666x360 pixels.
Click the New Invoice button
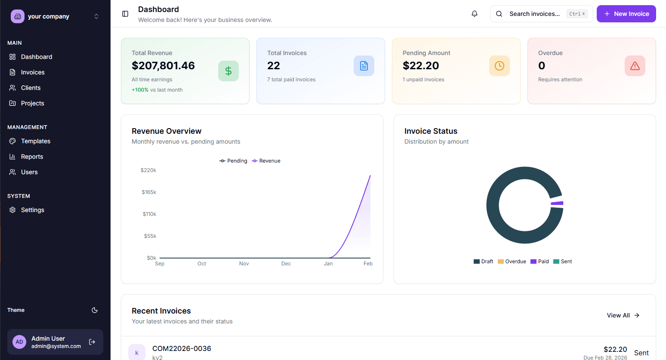coord(626,14)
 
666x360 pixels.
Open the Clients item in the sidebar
coord(31,88)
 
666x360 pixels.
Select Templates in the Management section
coord(35,141)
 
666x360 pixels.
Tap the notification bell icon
coord(475,14)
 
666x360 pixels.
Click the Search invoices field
coord(535,14)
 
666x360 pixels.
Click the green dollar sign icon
coord(228,71)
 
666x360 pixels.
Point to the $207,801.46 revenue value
coord(163,66)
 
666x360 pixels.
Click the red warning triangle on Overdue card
coord(635,66)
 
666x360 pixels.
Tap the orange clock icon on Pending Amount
coord(499,66)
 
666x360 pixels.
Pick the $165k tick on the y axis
coord(149,192)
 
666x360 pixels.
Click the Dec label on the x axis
coord(286,264)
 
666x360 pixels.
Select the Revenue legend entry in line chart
coord(266,161)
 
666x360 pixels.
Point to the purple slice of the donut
coord(558,203)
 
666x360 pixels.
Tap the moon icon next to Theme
coord(95,310)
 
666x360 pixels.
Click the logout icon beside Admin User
coord(92,342)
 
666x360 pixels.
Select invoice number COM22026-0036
coord(182,348)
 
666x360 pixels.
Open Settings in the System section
coord(32,210)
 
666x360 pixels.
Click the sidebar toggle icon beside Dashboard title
coord(125,14)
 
